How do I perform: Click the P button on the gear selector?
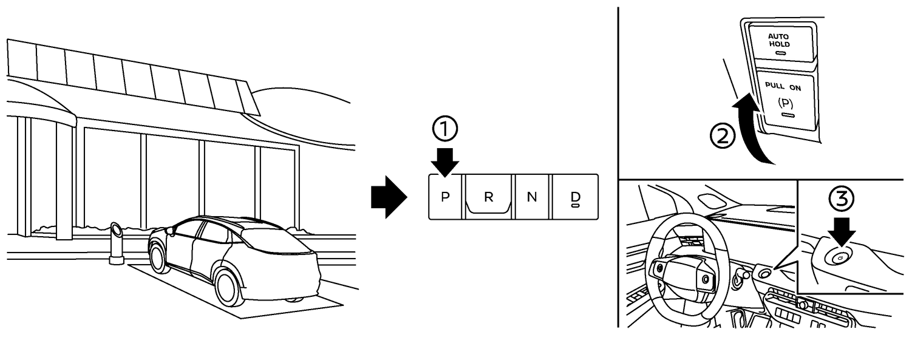point(445,197)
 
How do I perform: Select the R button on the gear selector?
point(489,197)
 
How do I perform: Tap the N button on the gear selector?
point(532,197)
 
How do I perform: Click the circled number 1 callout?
point(445,129)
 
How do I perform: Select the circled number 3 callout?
point(841,199)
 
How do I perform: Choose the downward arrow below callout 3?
point(841,229)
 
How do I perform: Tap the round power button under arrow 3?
point(840,257)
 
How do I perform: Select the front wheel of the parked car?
point(158,256)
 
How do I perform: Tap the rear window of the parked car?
point(276,240)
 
